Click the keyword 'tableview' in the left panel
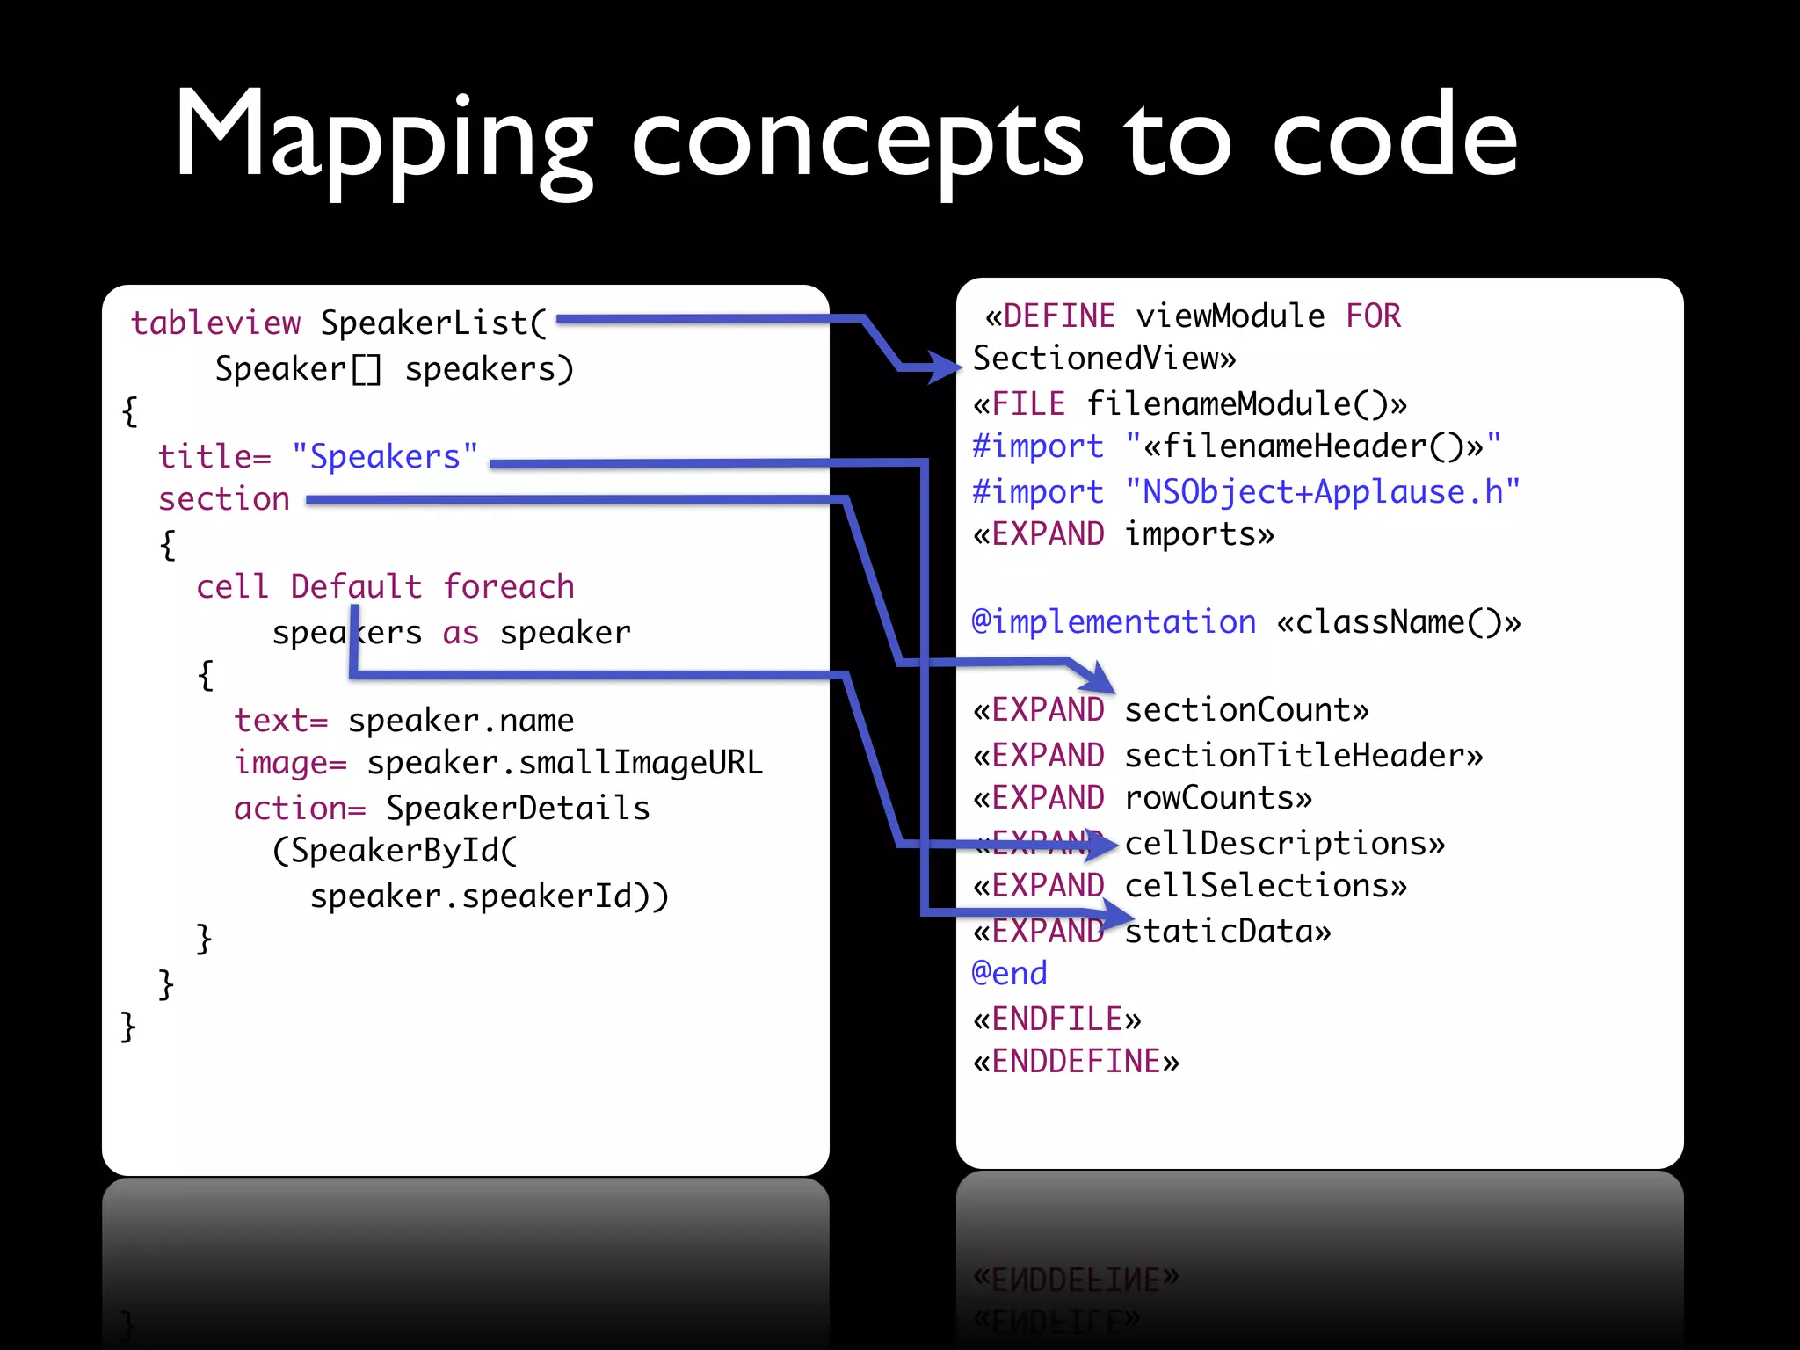click(x=215, y=323)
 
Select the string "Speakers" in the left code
click(x=385, y=456)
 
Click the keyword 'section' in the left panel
click(x=224, y=499)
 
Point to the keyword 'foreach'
click(x=508, y=586)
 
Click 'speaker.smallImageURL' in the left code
click(x=564, y=763)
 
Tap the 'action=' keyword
click(x=300, y=808)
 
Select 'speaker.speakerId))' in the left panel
click(x=490, y=896)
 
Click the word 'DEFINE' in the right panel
click(x=1059, y=316)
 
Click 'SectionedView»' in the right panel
click(x=1104, y=359)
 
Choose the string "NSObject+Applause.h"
click(x=1322, y=491)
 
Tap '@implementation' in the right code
click(x=1114, y=621)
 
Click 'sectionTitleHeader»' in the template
click(x=1303, y=755)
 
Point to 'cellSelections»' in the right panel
click(x=1266, y=886)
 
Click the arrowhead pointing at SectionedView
click(x=946, y=367)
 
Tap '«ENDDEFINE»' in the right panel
click(x=1076, y=1062)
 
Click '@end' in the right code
click(x=1009, y=974)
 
